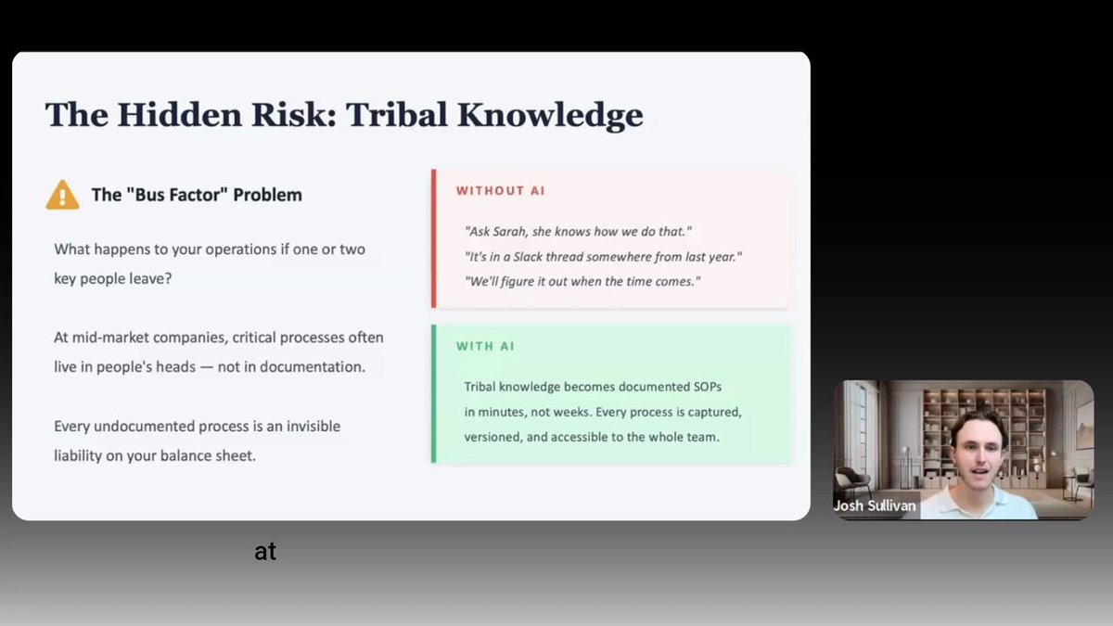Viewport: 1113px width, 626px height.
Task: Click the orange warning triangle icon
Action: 62,195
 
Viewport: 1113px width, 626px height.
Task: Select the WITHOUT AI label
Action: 500,191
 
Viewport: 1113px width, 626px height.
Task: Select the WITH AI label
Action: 485,346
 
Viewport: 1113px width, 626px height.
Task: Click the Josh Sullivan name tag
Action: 875,505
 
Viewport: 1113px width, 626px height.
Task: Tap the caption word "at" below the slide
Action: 265,552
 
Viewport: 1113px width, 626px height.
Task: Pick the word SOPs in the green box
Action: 707,387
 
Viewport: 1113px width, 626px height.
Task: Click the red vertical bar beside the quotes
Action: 434,238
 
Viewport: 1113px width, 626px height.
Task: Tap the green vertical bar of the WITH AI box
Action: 434,394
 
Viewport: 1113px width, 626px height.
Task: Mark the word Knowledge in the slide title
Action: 550,115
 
